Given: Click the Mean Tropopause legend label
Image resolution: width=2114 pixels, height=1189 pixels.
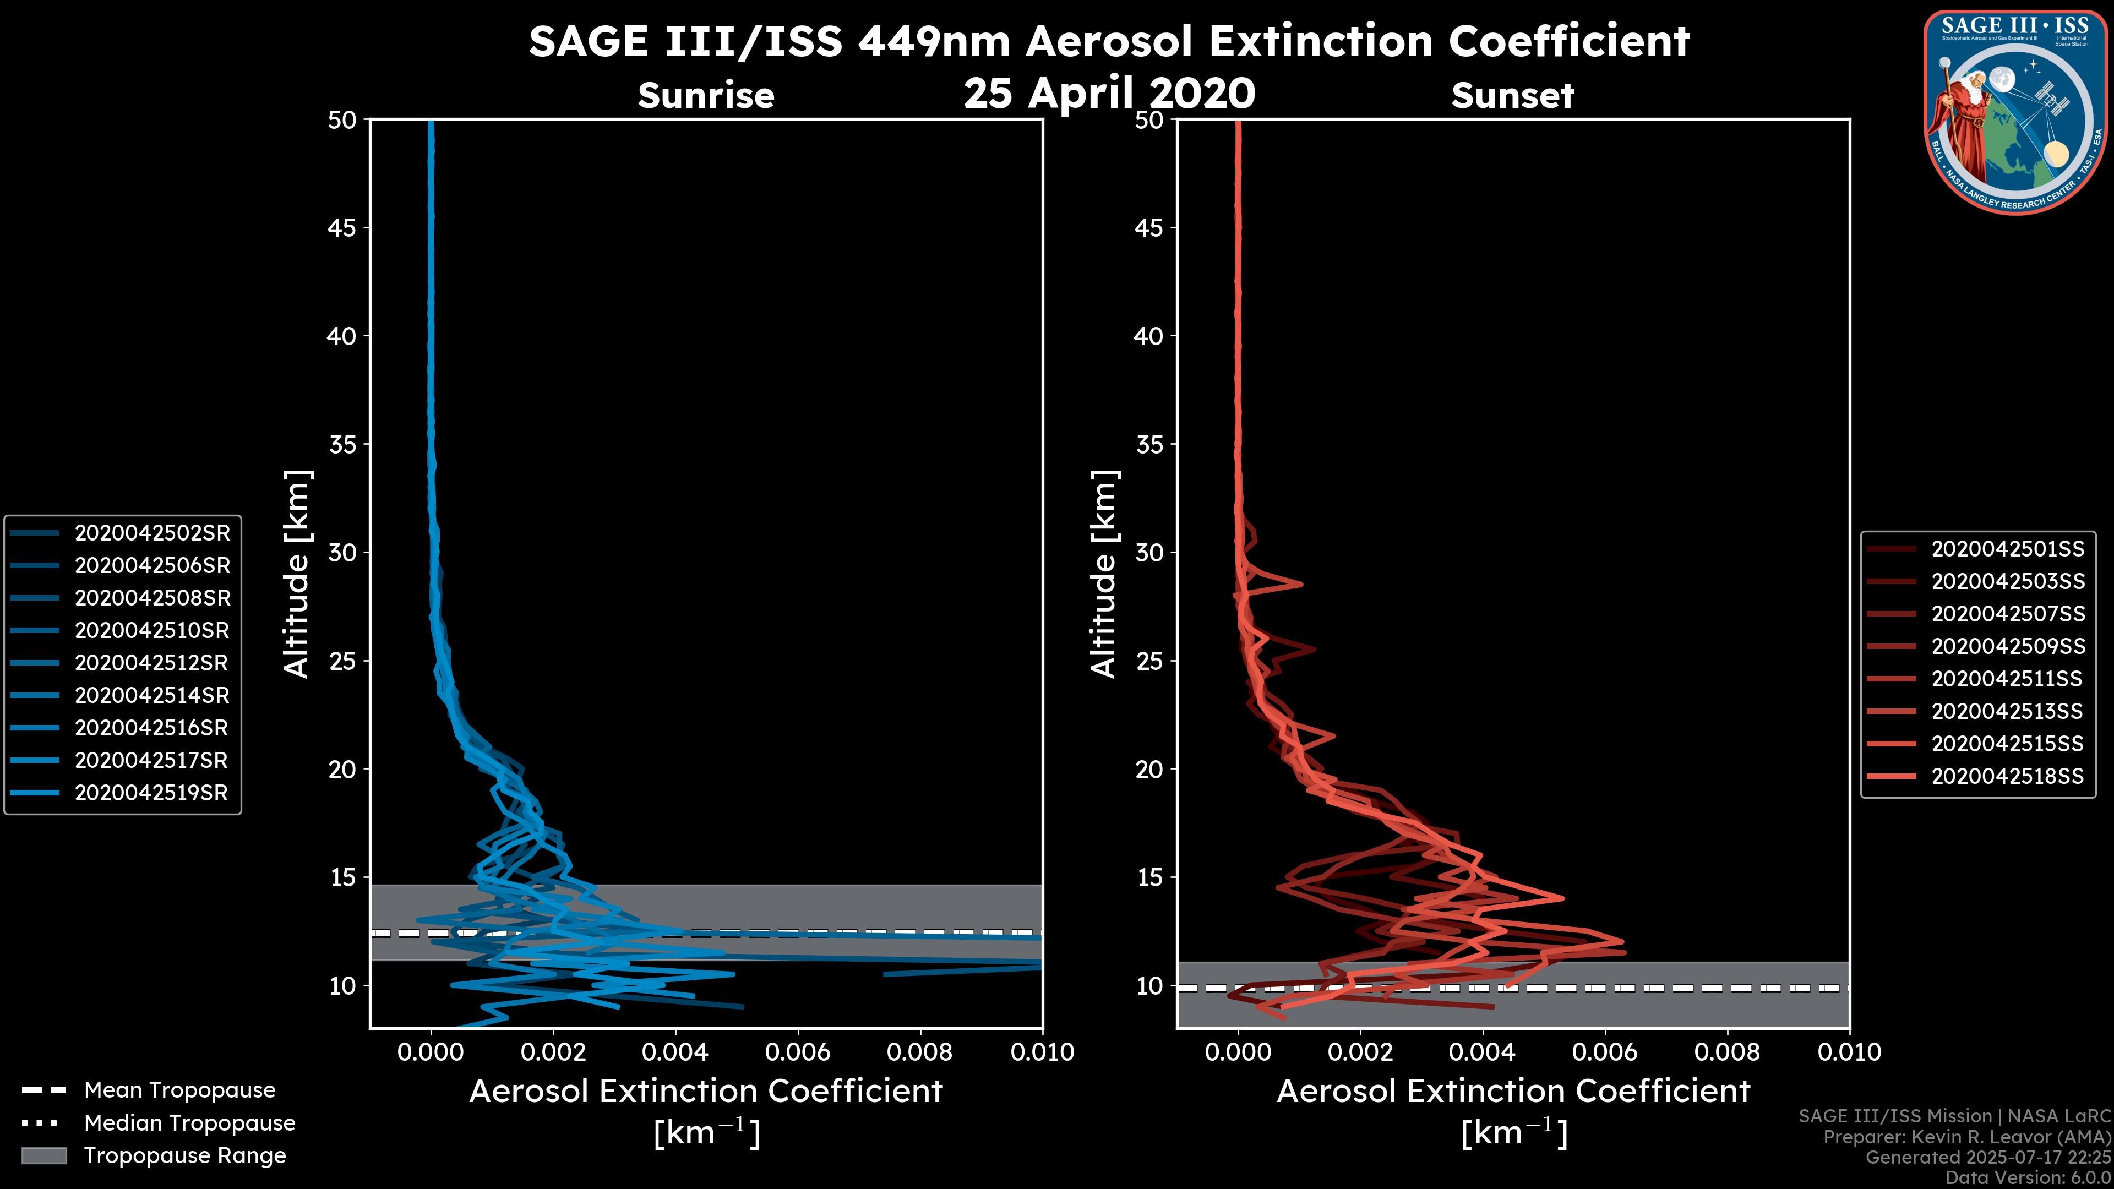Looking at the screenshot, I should pos(179,1090).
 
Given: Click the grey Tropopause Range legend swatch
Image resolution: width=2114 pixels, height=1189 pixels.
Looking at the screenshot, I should pos(43,1156).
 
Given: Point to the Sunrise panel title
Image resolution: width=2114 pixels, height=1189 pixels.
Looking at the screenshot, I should pos(706,96).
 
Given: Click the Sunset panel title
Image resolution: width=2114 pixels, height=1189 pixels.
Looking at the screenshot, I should pos(1512,96).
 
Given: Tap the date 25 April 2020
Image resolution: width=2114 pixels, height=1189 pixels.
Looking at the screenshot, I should pos(1109,92).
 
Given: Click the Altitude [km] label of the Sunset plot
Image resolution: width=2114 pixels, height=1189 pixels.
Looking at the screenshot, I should pos(1104,574).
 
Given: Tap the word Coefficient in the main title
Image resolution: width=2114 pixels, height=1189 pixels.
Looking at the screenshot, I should pos(1568,41).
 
